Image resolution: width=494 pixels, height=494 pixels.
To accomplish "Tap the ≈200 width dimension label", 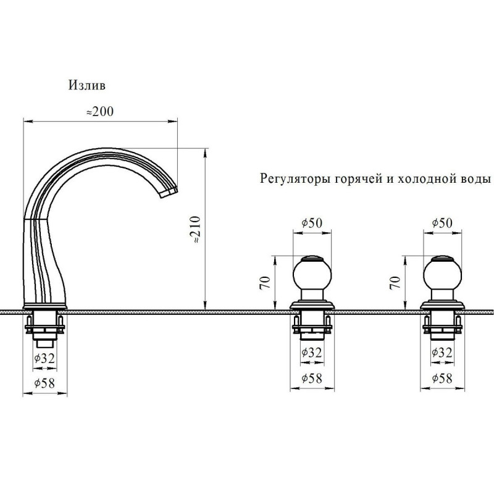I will tap(100, 112).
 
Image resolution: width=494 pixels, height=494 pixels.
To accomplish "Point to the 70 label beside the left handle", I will tap(265, 283).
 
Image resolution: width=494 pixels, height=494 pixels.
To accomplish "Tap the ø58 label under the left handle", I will tap(312, 378).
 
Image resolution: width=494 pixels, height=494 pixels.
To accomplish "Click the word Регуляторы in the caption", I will tap(288, 180).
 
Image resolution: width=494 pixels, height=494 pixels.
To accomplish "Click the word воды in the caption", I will tap(474, 179).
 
